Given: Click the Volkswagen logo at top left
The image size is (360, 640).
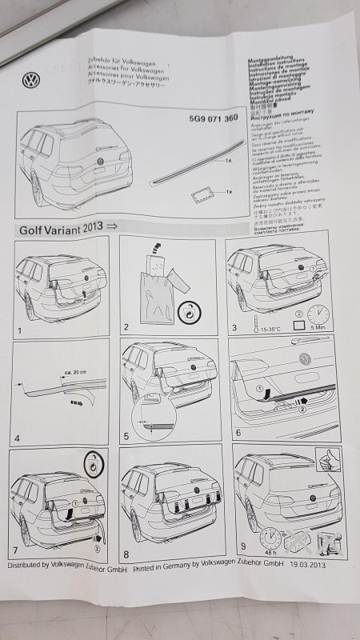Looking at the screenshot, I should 32,80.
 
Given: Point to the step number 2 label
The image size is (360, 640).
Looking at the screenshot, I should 126,328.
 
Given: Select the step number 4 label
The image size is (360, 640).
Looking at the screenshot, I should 18,438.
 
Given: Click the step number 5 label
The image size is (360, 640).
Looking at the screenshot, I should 126,438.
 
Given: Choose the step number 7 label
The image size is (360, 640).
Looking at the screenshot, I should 17,550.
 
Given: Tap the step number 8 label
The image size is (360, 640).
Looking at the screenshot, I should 126,551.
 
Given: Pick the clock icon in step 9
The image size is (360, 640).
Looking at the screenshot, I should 270,536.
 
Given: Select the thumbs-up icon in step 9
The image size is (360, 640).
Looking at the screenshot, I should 328,459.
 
